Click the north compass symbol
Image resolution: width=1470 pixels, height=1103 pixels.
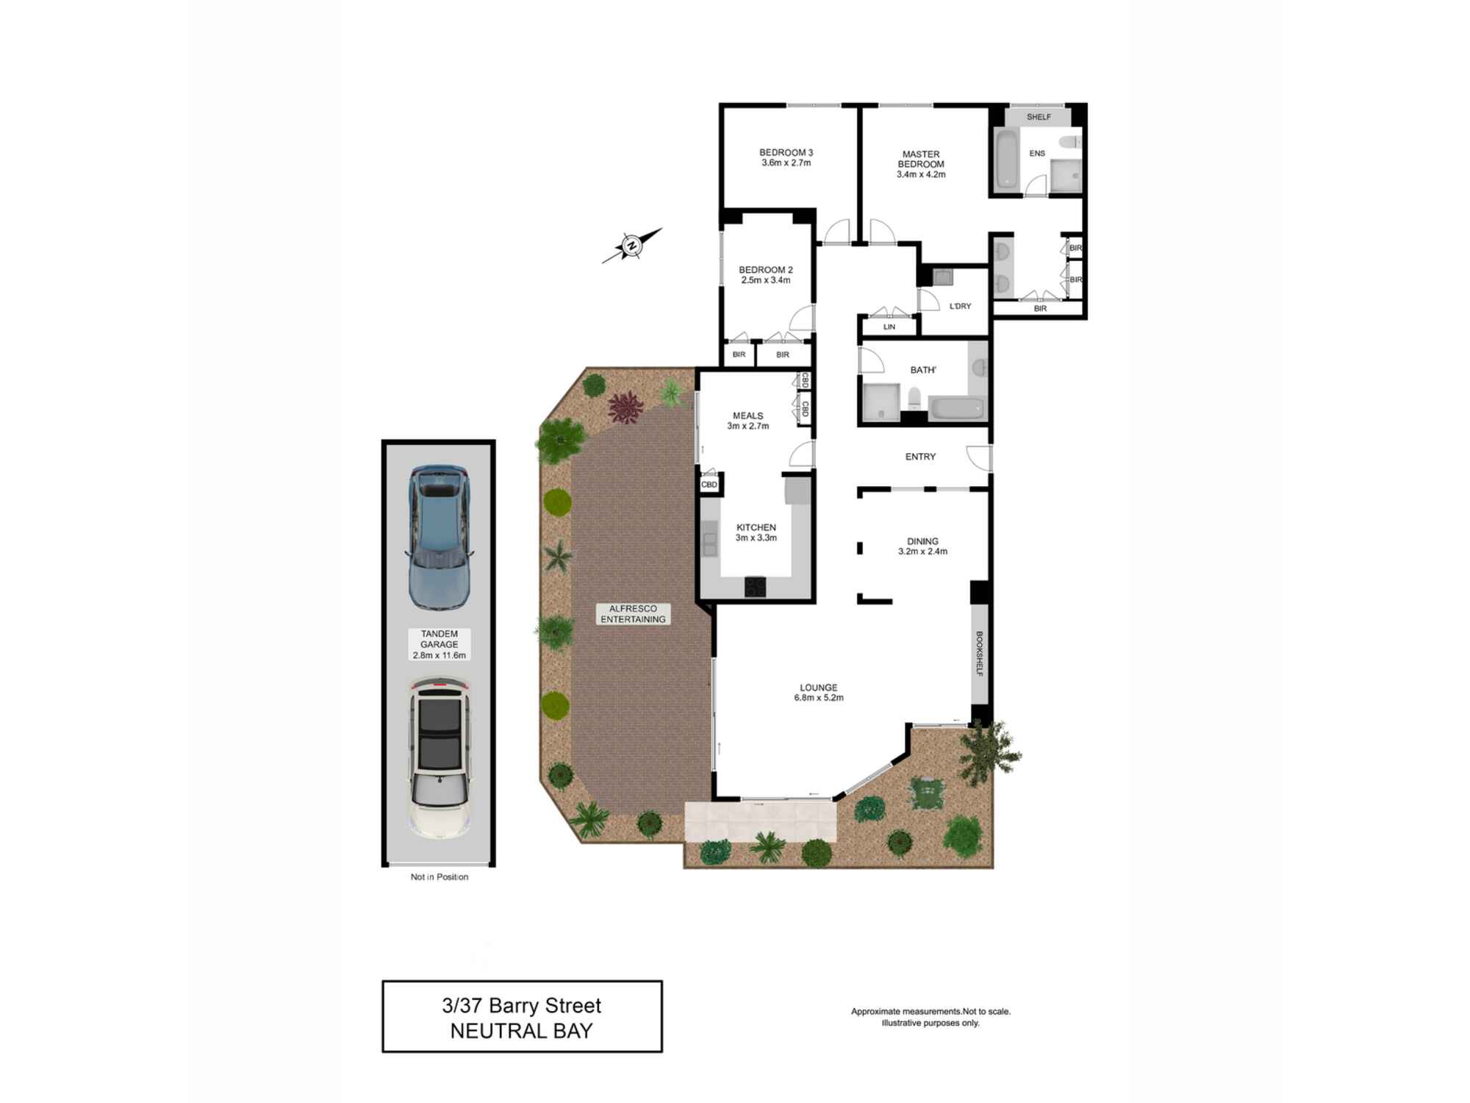point(631,246)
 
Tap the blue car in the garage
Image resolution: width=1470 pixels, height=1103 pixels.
point(439,537)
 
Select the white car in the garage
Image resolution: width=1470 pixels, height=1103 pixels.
point(440,758)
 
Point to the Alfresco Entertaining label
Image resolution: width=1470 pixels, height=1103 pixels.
point(633,614)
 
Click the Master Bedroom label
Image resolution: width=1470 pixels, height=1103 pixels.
point(921,160)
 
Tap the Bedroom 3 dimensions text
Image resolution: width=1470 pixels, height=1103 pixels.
point(786,163)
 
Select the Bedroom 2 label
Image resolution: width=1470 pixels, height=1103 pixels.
point(766,270)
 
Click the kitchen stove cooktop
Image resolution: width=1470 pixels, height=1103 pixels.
point(756,587)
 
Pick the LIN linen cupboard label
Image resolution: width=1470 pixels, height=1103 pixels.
point(889,327)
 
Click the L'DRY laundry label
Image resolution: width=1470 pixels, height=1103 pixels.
point(960,307)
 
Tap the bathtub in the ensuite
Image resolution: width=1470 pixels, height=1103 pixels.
point(1005,159)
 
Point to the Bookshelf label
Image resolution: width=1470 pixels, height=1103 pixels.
point(979,653)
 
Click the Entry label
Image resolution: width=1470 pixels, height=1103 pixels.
point(920,457)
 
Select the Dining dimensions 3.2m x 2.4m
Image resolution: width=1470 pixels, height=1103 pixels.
point(922,551)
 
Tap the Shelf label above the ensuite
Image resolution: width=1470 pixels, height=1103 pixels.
point(1039,117)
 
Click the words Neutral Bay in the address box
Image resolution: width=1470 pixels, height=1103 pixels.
point(521,1031)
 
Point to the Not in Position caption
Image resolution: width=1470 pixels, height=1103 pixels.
point(440,877)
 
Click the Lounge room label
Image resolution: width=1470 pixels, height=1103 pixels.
point(818,688)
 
